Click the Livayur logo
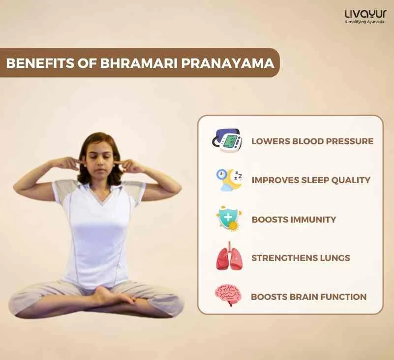point(365,14)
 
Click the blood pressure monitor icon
point(227,140)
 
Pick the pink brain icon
point(228,296)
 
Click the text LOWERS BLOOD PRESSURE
point(312,141)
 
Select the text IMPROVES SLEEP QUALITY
point(311,180)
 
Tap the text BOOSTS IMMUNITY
point(294,219)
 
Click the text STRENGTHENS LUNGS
point(301,258)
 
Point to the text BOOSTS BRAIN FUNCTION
point(308,297)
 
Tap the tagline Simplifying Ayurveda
point(365,22)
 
